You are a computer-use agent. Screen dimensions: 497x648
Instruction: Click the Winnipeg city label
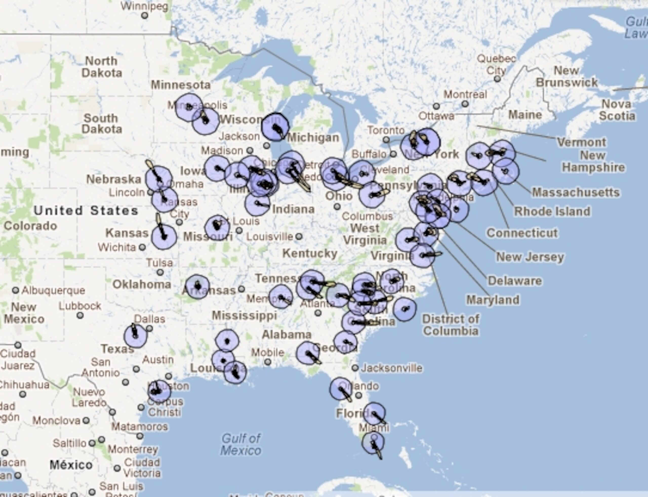pyautogui.click(x=145, y=6)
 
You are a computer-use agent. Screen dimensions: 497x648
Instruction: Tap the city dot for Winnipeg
pyautogui.click(x=145, y=15)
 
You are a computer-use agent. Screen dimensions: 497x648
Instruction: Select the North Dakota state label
pyautogui.click(x=102, y=67)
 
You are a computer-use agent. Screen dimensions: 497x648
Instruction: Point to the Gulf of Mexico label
pyautogui.click(x=241, y=444)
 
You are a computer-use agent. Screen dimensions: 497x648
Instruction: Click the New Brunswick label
pyautogui.click(x=566, y=76)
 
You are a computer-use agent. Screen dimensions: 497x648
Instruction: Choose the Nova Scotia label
pyautogui.click(x=617, y=110)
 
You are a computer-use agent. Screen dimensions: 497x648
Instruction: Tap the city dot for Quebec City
pyautogui.click(x=497, y=79)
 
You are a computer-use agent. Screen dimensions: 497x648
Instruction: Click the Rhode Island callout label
pyautogui.click(x=552, y=211)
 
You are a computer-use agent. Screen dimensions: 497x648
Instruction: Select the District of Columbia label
pyautogui.click(x=451, y=325)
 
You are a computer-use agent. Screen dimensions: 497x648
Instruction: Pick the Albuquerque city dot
pyautogui.click(x=15, y=290)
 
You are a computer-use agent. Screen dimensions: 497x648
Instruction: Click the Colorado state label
pyautogui.click(x=30, y=226)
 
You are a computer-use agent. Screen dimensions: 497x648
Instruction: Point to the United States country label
pyautogui.click(x=86, y=211)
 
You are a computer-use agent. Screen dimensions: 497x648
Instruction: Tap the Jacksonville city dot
pyautogui.click(x=355, y=368)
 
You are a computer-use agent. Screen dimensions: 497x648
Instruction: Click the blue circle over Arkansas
pyautogui.click(x=197, y=286)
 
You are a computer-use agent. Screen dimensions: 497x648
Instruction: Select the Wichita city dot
pyautogui.click(x=143, y=247)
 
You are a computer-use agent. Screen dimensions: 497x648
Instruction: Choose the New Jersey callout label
pyautogui.click(x=530, y=257)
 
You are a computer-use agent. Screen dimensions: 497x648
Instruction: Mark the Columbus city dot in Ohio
pyautogui.click(x=337, y=206)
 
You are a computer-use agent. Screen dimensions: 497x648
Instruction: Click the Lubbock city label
pyautogui.click(x=80, y=306)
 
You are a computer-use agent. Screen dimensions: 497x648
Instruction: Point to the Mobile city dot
pyautogui.click(x=268, y=362)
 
